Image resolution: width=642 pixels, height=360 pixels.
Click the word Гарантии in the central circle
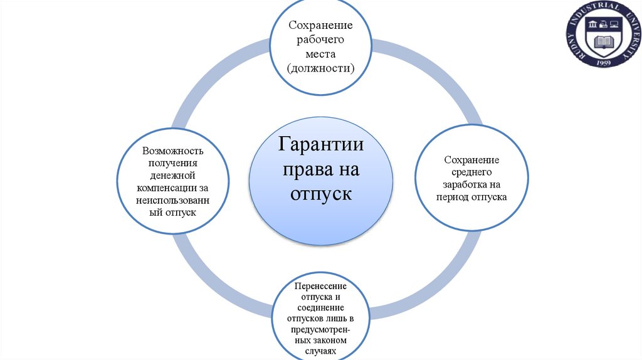coord(321,145)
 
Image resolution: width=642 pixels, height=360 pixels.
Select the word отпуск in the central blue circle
coord(321,193)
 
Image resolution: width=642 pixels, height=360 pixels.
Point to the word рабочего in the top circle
coord(321,40)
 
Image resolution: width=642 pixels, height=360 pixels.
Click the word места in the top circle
coord(321,54)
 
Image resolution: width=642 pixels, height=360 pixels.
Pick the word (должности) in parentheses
coord(321,68)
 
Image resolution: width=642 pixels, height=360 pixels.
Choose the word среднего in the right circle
coord(471,171)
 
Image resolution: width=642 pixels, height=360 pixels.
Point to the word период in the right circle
coord(452,196)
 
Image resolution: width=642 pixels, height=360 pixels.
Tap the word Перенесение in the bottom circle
coord(320,286)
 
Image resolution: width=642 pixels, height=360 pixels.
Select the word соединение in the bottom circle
coord(320,307)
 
